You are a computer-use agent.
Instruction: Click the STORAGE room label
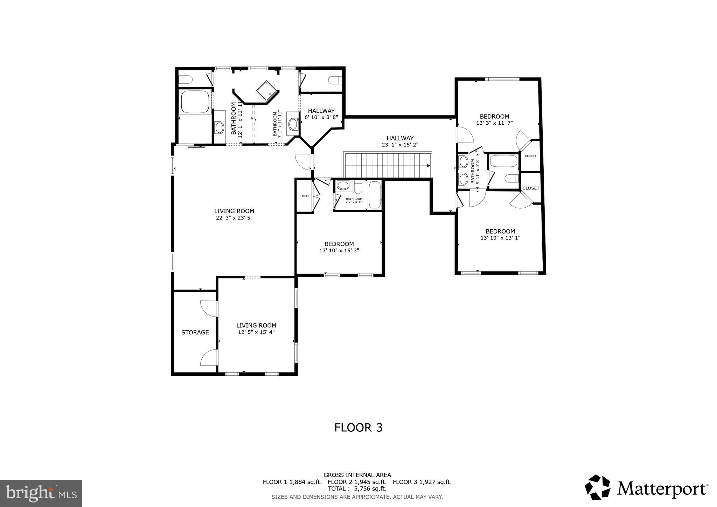pyautogui.click(x=195, y=332)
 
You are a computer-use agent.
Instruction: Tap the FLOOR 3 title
pyautogui.click(x=358, y=428)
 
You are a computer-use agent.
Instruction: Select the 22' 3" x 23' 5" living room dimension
pyautogui.click(x=234, y=218)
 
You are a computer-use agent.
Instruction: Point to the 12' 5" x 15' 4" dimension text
pyautogui.click(x=256, y=332)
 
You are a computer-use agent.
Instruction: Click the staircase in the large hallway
pyautogui.click(x=387, y=166)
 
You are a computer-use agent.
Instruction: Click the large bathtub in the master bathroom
pyautogui.click(x=195, y=102)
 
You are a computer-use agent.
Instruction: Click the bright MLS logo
pyautogui.click(x=41, y=493)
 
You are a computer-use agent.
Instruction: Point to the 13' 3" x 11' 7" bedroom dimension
pyautogui.click(x=494, y=123)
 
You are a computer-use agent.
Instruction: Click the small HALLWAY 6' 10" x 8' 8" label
pyautogui.click(x=321, y=114)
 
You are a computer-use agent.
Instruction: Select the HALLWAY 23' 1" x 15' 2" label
pyautogui.click(x=400, y=141)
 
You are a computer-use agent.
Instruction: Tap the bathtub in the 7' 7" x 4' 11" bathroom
pyautogui.click(x=375, y=195)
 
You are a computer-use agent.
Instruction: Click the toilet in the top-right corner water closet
pyautogui.click(x=335, y=80)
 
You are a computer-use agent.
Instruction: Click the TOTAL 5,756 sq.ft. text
pyautogui.click(x=357, y=488)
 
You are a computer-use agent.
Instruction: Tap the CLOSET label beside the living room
pyautogui.click(x=304, y=196)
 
